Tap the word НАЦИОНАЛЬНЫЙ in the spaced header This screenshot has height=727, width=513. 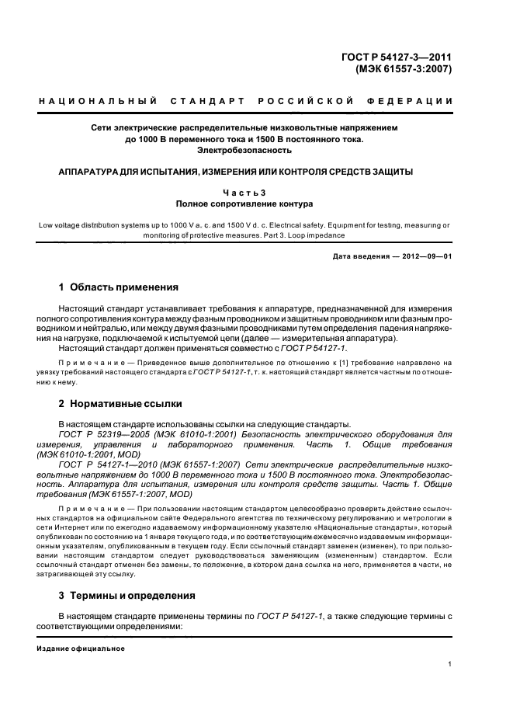(x=98, y=102)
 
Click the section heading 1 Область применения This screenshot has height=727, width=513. (x=118, y=287)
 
